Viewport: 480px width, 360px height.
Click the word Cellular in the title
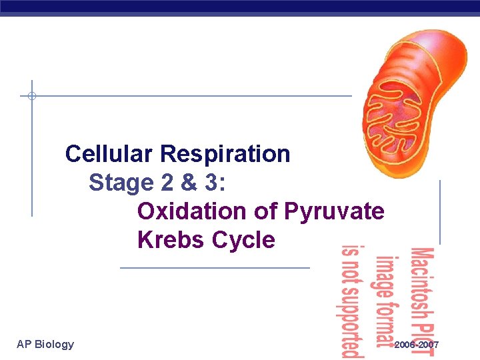click(110, 154)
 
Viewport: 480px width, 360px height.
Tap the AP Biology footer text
click(45, 344)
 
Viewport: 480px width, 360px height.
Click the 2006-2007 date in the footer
click(417, 345)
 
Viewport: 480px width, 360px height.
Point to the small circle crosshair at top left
click(31, 96)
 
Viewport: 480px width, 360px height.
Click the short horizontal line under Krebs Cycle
click(215, 267)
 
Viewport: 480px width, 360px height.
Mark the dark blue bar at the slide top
click(240, 7)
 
